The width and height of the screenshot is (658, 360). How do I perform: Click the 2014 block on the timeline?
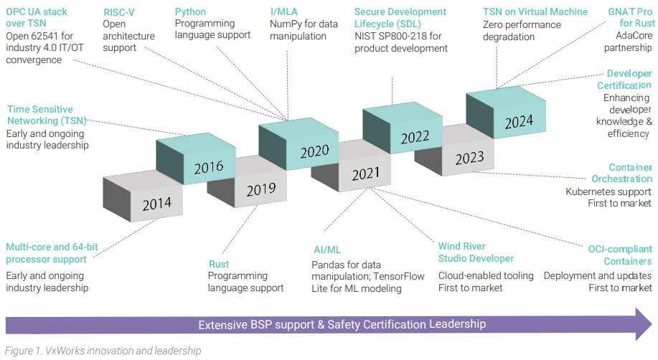(156, 204)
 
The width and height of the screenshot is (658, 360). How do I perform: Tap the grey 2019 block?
(260, 190)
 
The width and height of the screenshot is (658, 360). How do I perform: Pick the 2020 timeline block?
(314, 151)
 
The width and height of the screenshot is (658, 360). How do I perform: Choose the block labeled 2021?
(365, 174)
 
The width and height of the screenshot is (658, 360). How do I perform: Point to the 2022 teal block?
(415, 137)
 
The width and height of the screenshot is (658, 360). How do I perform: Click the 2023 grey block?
(469, 158)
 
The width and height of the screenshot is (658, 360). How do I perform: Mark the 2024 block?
(519, 121)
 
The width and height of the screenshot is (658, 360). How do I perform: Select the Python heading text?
(190, 12)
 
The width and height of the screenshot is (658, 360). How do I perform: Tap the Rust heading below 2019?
(219, 264)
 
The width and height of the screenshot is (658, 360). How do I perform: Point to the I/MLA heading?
(285, 12)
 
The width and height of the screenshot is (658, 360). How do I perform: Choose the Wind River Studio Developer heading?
(476, 252)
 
